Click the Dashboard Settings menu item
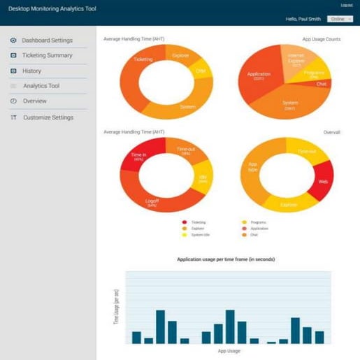(47, 41)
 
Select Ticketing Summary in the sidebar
(47, 55)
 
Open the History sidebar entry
(31, 71)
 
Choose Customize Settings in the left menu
(48, 117)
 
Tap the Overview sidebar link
(34, 101)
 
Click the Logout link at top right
(346, 6)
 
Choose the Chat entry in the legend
(250, 234)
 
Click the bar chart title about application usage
(226, 259)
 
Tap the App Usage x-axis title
(229, 351)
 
